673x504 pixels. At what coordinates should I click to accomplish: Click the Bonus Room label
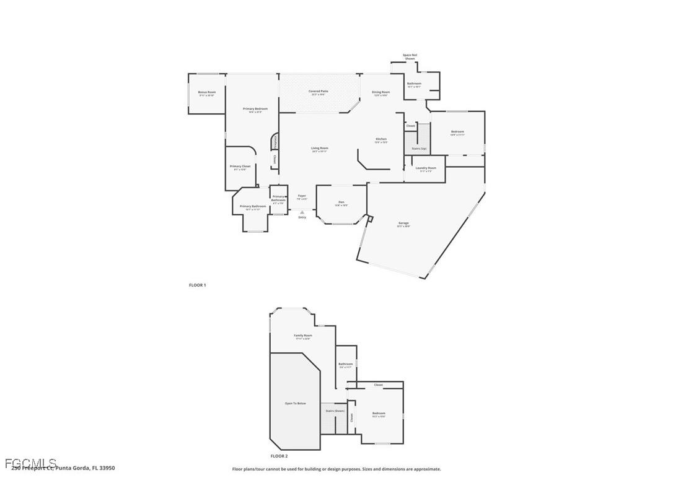pyautogui.click(x=207, y=92)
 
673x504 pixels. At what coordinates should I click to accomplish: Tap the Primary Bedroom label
pyautogui.click(x=255, y=108)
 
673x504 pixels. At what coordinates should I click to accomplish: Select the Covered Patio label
pyautogui.click(x=319, y=91)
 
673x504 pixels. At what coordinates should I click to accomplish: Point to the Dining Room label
pyautogui.click(x=380, y=92)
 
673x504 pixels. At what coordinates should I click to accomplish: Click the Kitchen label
pyautogui.click(x=380, y=139)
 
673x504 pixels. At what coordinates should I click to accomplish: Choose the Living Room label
pyautogui.click(x=320, y=148)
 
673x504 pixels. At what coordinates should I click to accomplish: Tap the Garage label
pyautogui.click(x=403, y=223)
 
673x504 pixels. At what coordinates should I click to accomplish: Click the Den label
pyautogui.click(x=341, y=202)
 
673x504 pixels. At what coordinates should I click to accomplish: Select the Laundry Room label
pyautogui.click(x=426, y=168)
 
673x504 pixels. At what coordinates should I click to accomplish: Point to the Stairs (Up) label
pyautogui.click(x=419, y=149)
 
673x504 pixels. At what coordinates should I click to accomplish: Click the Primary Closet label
pyautogui.click(x=240, y=166)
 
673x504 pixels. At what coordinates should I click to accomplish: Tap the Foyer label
pyautogui.click(x=302, y=196)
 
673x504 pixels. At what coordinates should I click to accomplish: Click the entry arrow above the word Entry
pyautogui.click(x=302, y=212)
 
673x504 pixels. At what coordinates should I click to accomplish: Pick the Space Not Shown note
pyautogui.click(x=410, y=56)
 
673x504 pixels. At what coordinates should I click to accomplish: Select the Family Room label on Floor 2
pyautogui.click(x=302, y=336)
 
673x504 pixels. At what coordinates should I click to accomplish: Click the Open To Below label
pyautogui.click(x=295, y=403)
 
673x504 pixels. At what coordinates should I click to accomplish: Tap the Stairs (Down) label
pyautogui.click(x=335, y=411)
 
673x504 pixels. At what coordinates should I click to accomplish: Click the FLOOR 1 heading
pyautogui.click(x=197, y=285)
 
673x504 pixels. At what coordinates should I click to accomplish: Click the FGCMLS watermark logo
pyautogui.click(x=30, y=463)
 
